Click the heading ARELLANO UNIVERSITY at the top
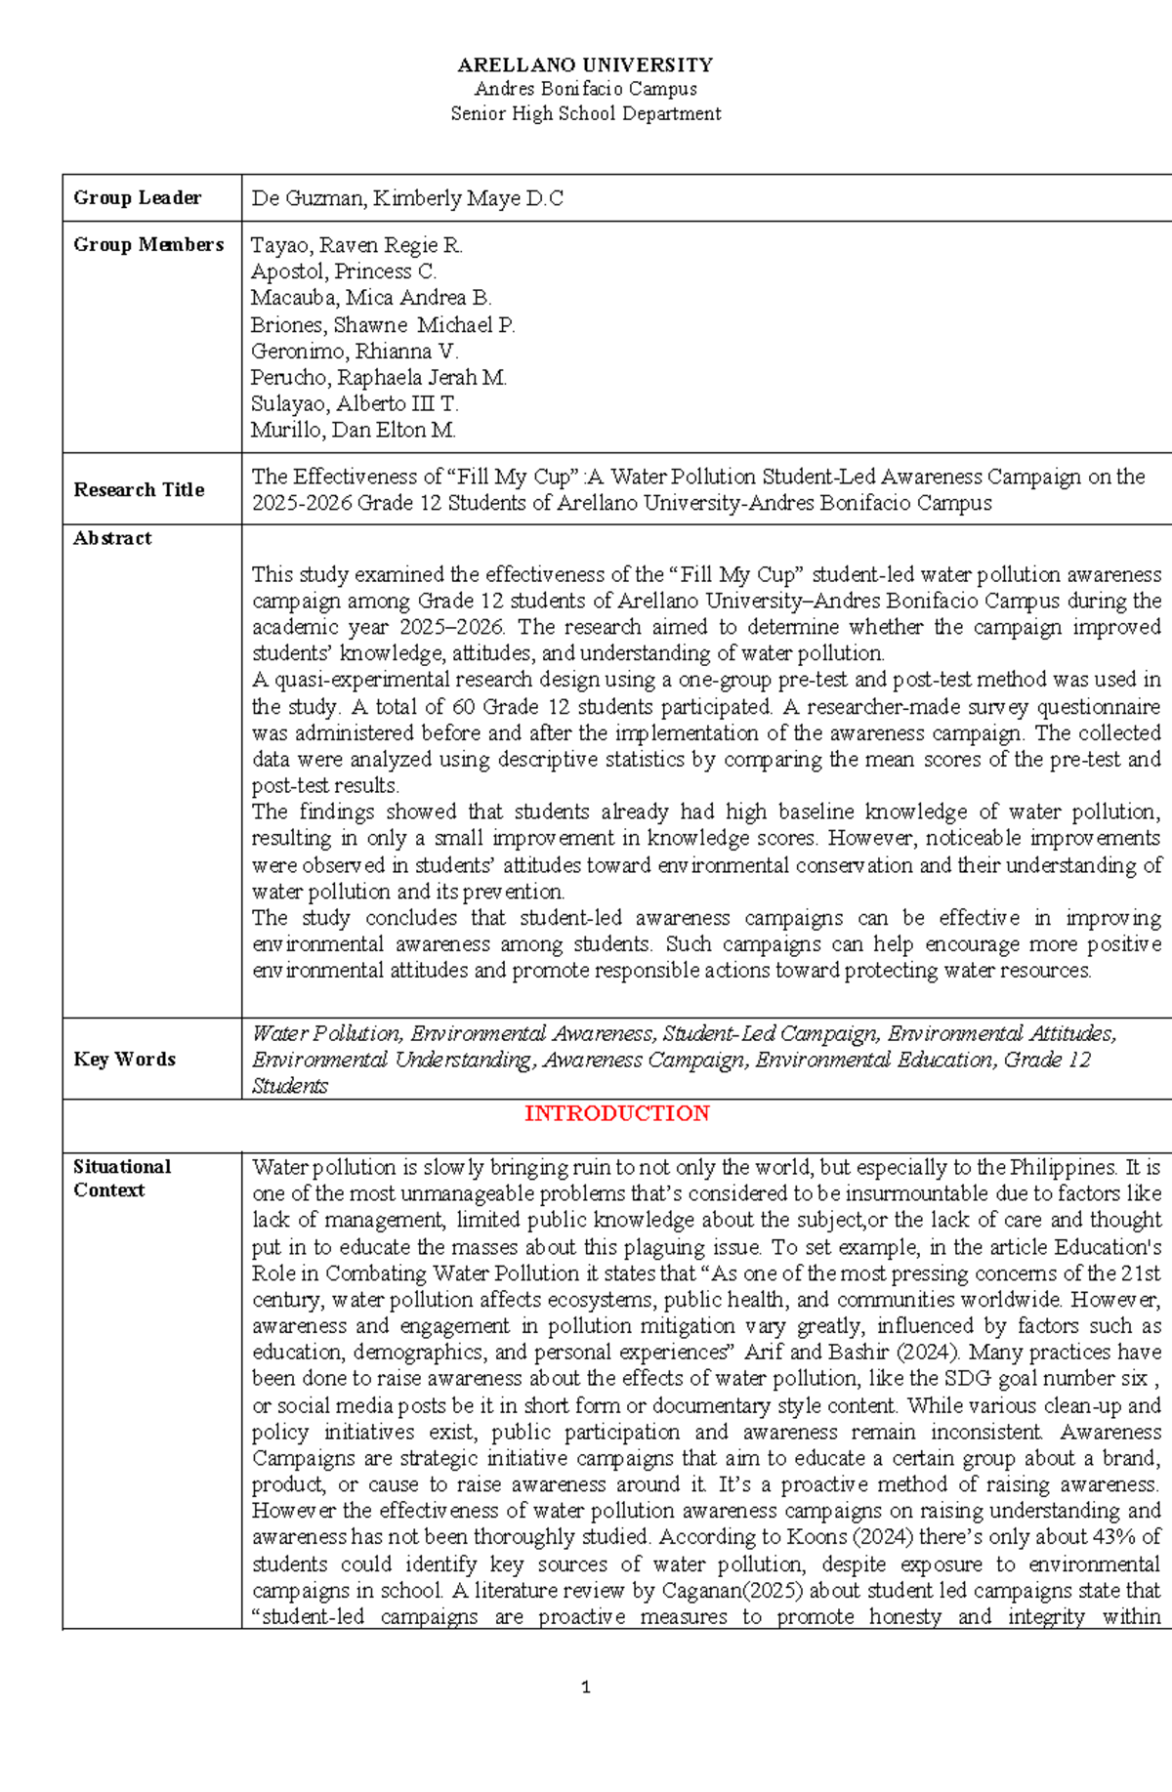coord(585,65)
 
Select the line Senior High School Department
coord(585,113)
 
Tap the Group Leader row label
coord(137,197)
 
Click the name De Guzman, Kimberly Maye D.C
coord(407,198)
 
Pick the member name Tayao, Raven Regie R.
coord(356,245)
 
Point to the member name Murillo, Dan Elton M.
coord(353,430)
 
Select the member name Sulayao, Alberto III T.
coord(354,403)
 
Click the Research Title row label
coord(139,489)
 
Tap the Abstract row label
coord(112,538)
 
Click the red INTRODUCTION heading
coord(616,1113)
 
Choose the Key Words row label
coord(124,1059)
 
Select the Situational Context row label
coord(121,1178)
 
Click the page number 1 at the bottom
coord(585,1688)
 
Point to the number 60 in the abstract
coord(463,706)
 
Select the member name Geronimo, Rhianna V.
coord(354,351)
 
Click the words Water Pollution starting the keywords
coord(326,1033)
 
